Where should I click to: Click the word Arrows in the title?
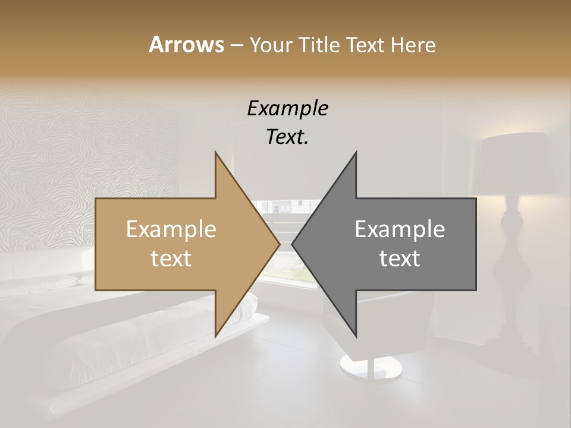click(186, 45)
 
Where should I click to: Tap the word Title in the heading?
click(318, 45)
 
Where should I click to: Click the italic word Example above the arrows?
click(287, 108)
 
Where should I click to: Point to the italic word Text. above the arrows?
click(287, 137)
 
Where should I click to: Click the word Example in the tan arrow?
click(171, 229)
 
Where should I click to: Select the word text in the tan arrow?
click(171, 258)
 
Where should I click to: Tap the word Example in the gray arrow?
click(400, 229)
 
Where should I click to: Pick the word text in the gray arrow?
click(400, 258)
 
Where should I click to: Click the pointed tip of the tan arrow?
click(280, 244)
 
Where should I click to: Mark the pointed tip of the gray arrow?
click(292, 244)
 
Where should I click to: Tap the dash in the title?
click(236, 45)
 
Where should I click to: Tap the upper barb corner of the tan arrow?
click(215, 152)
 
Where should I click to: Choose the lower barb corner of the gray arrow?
click(356, 336)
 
